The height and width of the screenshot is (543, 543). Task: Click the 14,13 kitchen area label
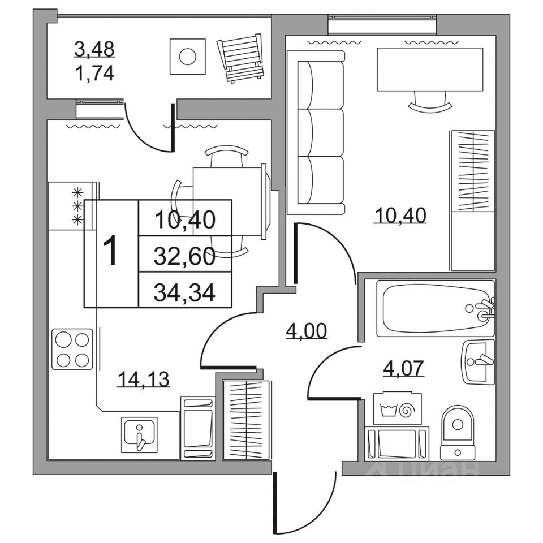tap(144, 378)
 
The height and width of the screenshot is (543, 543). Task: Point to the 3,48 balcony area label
tap(94, 49)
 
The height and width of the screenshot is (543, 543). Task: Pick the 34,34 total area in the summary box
tap(185, 292)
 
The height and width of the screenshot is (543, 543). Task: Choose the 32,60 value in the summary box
tap(185, 257)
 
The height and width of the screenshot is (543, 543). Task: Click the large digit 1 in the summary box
tap(111, 252)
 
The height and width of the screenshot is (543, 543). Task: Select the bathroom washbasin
tap(479, 361)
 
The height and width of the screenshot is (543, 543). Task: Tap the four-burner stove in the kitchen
tap(72, 349)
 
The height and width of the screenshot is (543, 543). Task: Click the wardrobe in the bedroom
tap(472, 200)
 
